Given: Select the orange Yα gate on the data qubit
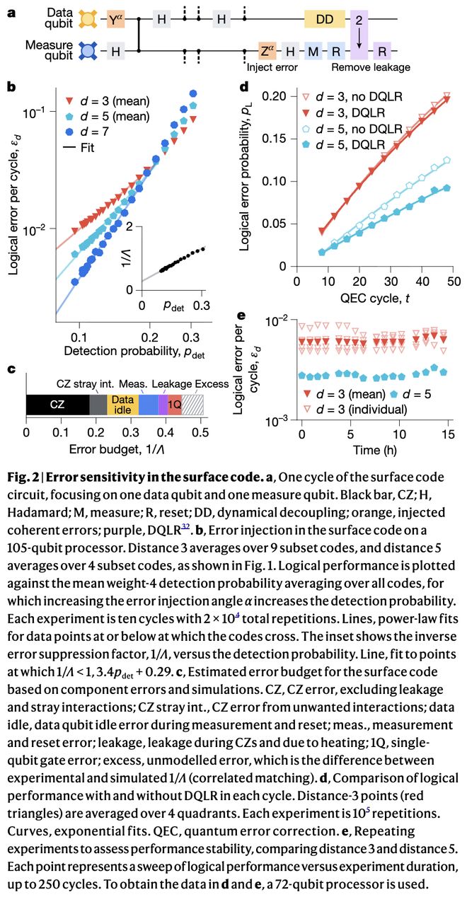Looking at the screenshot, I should [116, 21].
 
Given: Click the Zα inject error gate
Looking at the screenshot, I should [267, 51].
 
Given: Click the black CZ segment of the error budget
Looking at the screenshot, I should [57, 404].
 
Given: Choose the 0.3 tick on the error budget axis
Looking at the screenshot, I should [131, 432].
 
